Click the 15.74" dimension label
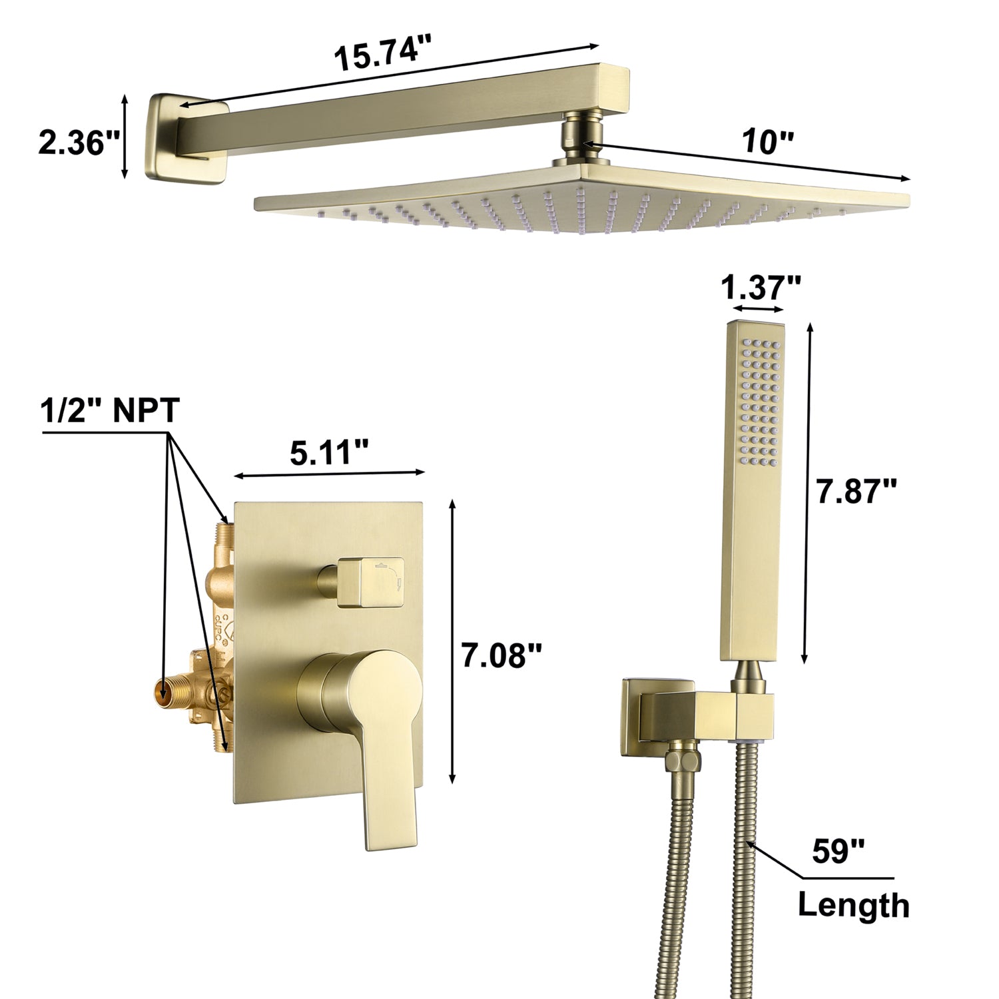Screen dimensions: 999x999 point(383,53)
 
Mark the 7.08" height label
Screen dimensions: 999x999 point(502,656)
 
